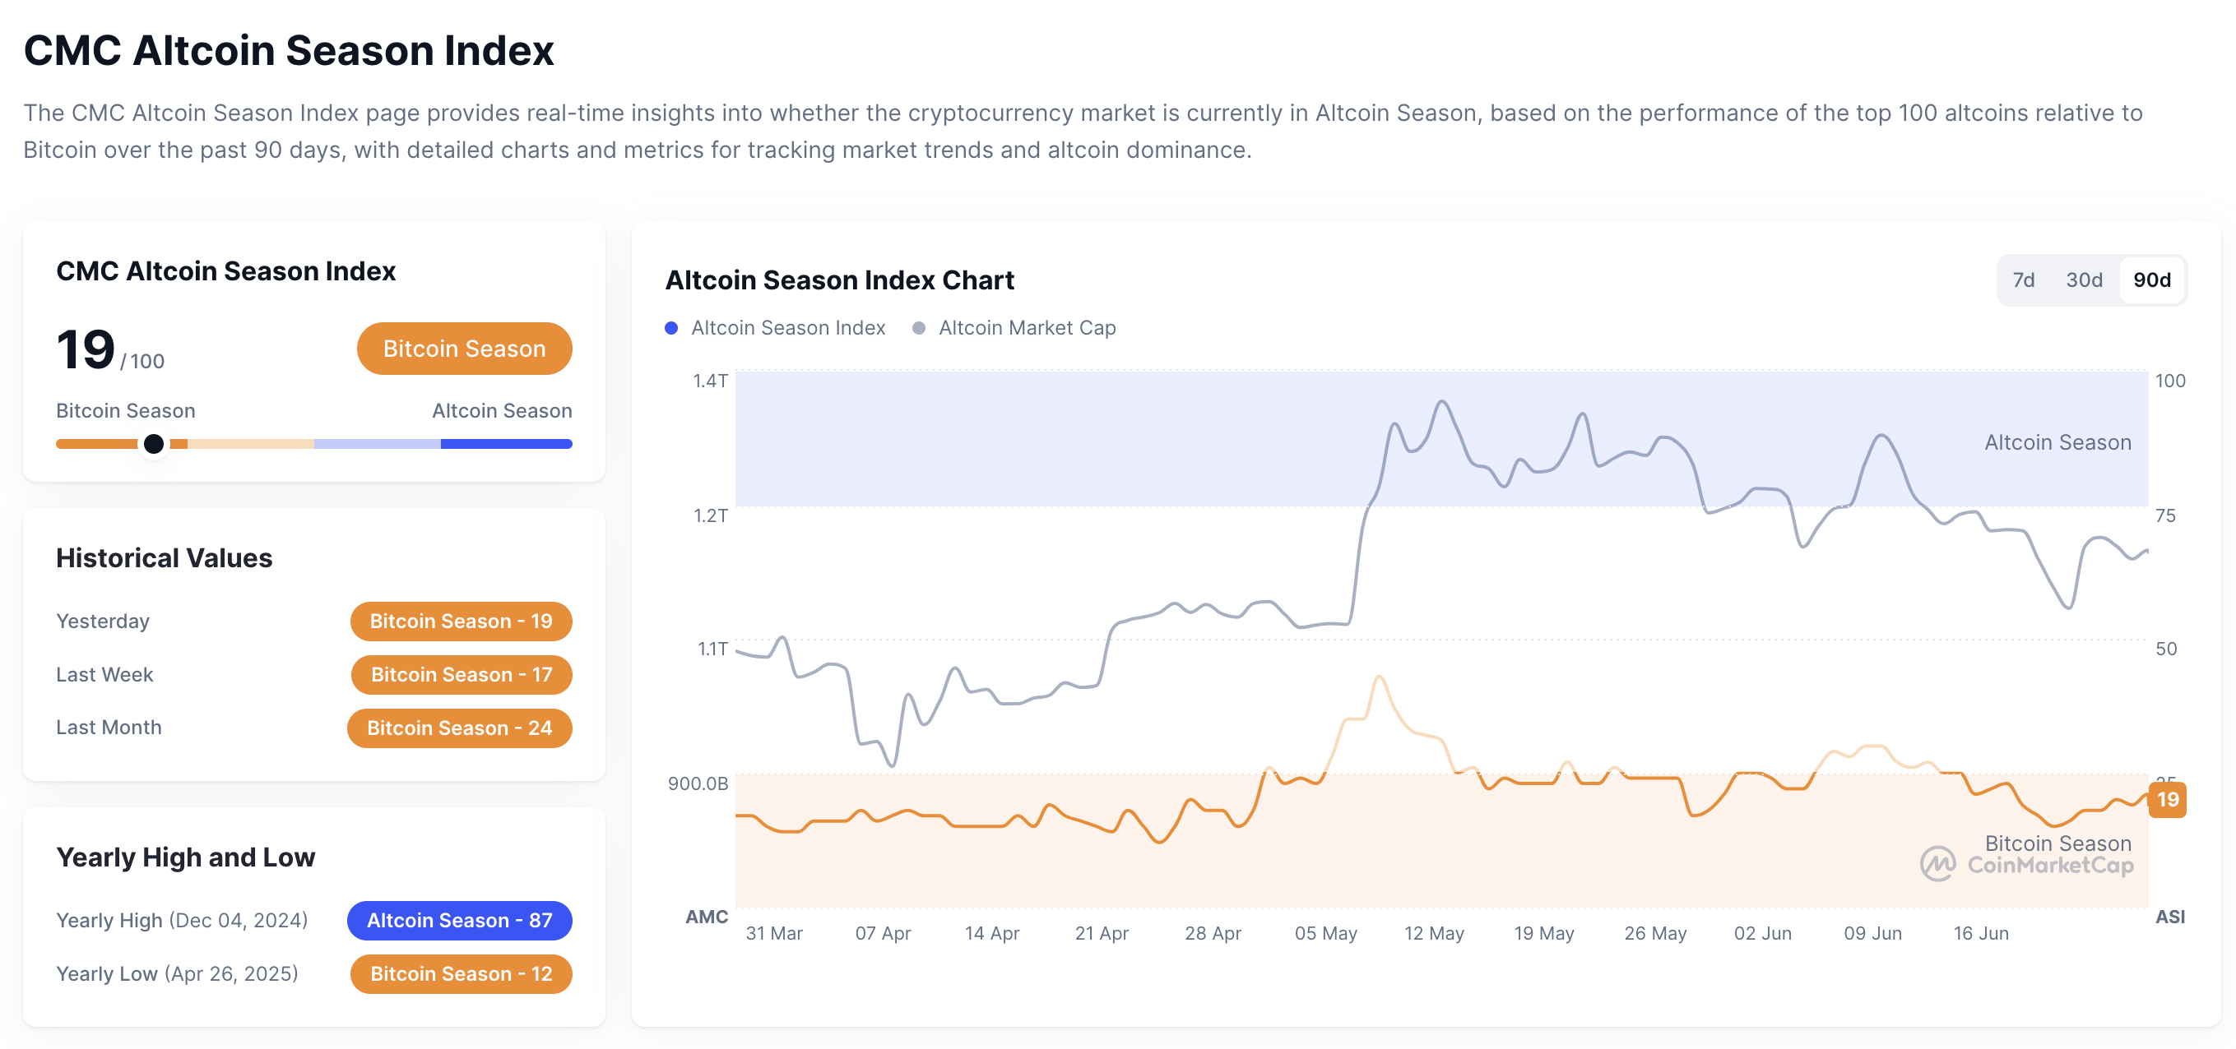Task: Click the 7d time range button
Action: pyautogui.click(x=2023, y=280)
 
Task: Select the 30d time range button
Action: pyautogui.click(x=2083, y=280)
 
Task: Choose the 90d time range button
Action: pyautogui.click(x=2152, y=280)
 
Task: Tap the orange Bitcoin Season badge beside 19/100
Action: pyautogui.click(x=464, y=349)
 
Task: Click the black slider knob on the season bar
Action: pyautogui.click(x=154, y=444)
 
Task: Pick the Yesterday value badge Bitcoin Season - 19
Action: pyautogui.click(x=461, y=622)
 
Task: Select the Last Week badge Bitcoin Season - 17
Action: pyautogui.click(x=461, y=674)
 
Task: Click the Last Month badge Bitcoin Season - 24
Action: pyautogui.click(x=459, y=728)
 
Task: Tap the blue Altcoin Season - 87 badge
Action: pyautogui.click(x=459, y=921)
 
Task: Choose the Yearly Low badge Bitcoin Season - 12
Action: pyautogui.click(x=461, y=973)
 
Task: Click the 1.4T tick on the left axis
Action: pyautogui.click(x=710, y=381)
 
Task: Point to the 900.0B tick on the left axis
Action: pyautogui.click(x=698, y=783)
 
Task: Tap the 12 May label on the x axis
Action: pyautogui.click(x=1434, y=934)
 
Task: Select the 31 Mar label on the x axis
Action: pyautogui.click(x=774, y=934)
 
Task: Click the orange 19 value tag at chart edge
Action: pyautogui.click(x=2168, y=799)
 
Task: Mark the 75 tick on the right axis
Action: pyautogui.click(x=2166, y=515)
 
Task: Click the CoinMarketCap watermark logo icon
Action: pyautogui.click(x=1937, y=864)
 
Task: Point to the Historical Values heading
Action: pyautogui.click(x=164, y=558)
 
